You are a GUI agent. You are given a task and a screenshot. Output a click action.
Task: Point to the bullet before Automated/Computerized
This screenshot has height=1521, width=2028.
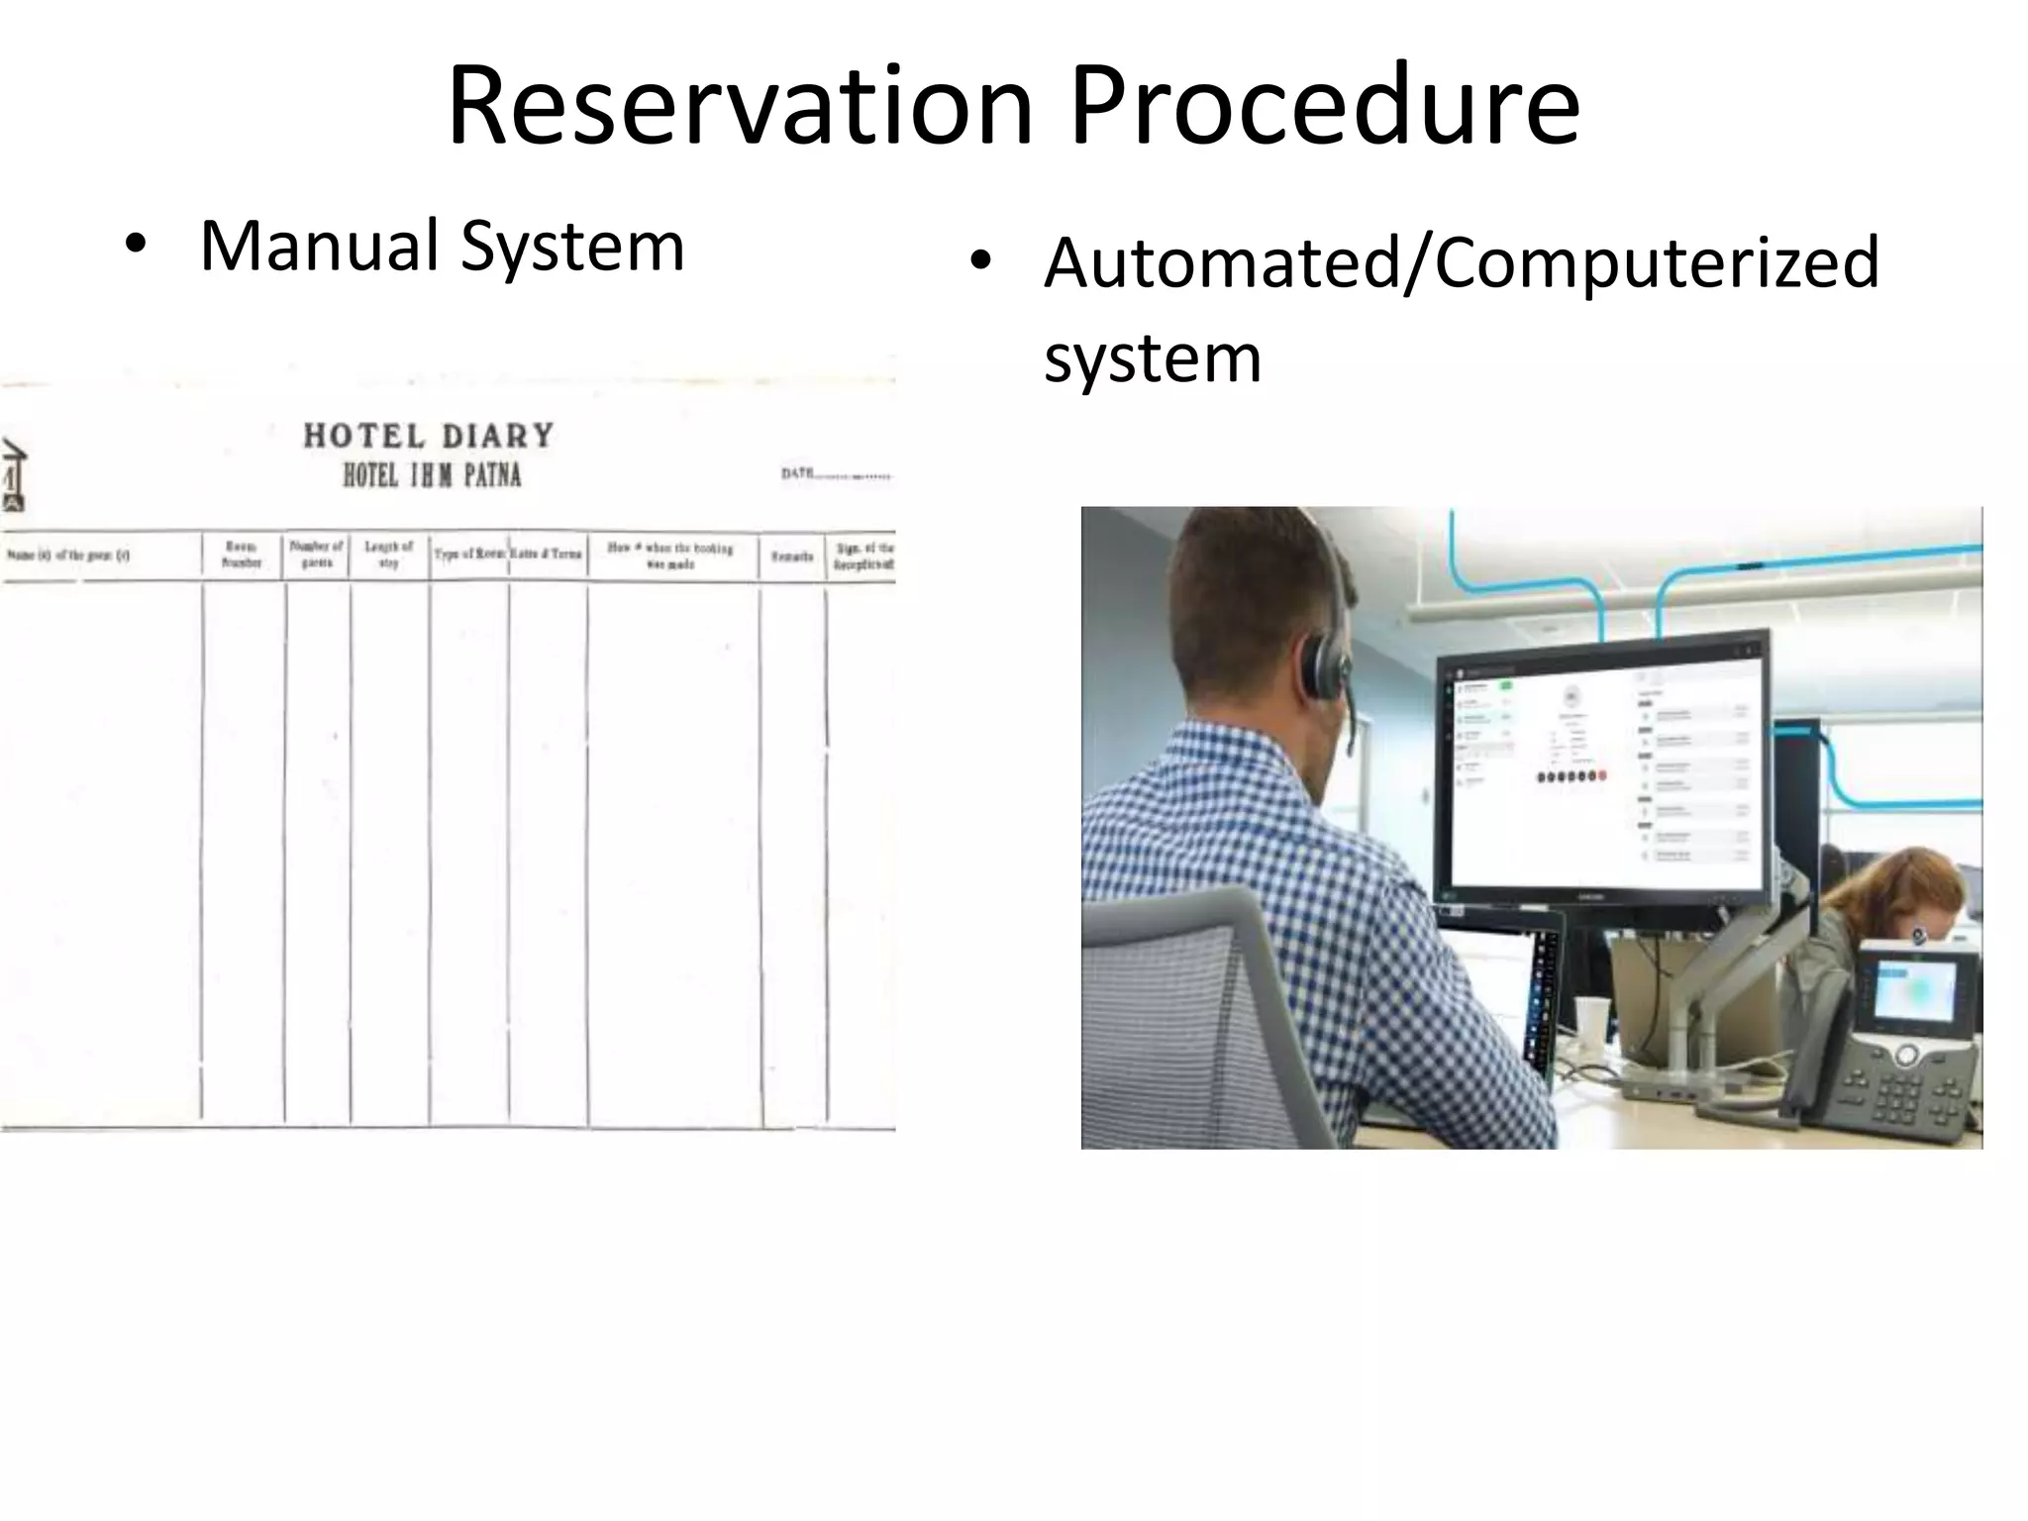pyautogui.click(x=980, y=261)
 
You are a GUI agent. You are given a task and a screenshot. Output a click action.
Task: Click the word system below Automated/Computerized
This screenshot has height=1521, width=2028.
pyautogui.click(x=1153, y=357)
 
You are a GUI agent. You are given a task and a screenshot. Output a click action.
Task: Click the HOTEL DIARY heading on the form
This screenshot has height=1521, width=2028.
pyautogui.click(x=429, y=436)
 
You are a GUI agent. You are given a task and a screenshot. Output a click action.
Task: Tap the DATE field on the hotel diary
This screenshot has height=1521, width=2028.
pyautogui.click(x=835, y=474)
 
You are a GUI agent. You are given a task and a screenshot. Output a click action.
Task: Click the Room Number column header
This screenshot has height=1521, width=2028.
pyautogui.click(x=242, y=555)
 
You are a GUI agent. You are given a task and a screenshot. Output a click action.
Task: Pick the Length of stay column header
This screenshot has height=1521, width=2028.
pyautogui.click(x=388, y=555)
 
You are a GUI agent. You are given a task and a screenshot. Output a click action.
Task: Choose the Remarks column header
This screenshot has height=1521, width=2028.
pyautogui.click(x=792, y=557)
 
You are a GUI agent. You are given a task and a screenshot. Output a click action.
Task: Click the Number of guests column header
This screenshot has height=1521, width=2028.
pyautogui.click(x=317, y=555)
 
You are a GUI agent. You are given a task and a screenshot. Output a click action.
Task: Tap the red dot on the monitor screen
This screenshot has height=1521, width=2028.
pyautogui.click(x=1601, y=776)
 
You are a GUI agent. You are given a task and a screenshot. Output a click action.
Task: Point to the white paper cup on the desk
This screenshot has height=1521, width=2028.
pyautogui.click(x=1591, y=1026)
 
